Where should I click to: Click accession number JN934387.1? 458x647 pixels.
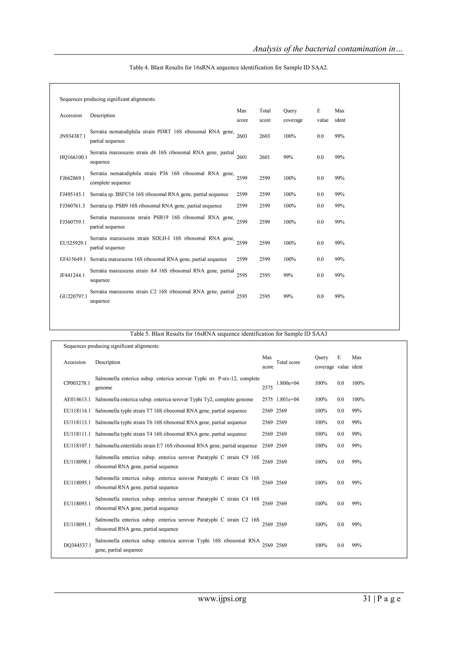(x=72, y=136)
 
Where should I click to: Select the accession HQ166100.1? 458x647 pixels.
(x=73, y=157)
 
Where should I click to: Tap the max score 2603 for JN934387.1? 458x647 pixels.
(x=242, y=136)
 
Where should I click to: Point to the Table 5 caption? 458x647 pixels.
(x=228, y=334)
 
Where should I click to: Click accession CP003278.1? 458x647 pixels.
(x=77, y=383)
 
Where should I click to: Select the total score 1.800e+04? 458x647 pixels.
(x=287, y=383)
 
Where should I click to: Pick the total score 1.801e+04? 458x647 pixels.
(x=287, y=400)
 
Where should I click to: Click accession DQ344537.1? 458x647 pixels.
(x=77, y=546)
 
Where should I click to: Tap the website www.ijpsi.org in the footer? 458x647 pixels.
(x=222, y=599)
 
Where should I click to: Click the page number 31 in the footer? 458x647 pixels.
(x=367, y=599)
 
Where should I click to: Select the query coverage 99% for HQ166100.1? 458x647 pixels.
(x=288, y=157)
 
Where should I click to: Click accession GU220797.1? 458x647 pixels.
(x=73, y=296)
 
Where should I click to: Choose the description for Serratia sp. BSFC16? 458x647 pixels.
(x=159, y=194)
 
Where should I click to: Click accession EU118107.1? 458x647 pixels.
(x=77, y=446)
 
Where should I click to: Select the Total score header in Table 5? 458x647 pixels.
(x=288, y=362)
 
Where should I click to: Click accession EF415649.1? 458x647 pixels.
(x=73, y=259)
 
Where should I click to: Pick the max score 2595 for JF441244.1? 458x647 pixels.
(x=242, y=276)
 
